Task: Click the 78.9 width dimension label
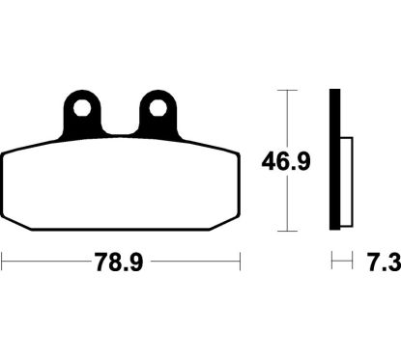point(118,262)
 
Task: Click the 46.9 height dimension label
point(286,161)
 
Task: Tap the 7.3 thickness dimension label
point(385,262)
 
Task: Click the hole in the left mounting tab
point(82,108)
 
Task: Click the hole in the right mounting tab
point(158,108)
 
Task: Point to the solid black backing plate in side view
point(334,159)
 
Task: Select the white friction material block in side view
point(346,181)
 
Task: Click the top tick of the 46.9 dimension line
point(287,91)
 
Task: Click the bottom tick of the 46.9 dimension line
point(287,231)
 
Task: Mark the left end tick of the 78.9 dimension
point(2,261)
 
